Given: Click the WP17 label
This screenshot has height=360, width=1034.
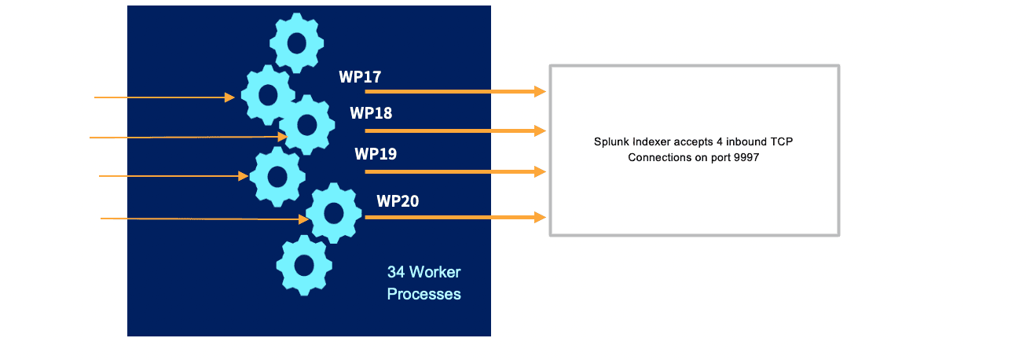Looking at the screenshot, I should click(x=360, y=77).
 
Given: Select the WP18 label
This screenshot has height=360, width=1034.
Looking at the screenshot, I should click(x=371, y=113).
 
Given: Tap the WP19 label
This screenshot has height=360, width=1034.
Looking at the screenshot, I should click(x=376, y=153).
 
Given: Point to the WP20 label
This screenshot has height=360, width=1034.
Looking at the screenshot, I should click(x=398, y=201).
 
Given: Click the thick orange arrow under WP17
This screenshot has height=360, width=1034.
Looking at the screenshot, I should click(x=455, y=92).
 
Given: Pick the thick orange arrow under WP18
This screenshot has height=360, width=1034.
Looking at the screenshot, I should click(x=455, y=130).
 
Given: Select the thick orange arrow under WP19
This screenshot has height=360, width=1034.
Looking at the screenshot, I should click(x=455, y=171).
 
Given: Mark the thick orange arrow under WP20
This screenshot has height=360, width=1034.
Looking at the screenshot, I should click(x=455, y=217).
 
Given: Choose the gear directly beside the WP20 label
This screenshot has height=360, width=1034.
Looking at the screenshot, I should click(x=333, y=212).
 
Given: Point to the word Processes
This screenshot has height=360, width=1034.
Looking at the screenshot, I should click(x=423, y=295).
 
